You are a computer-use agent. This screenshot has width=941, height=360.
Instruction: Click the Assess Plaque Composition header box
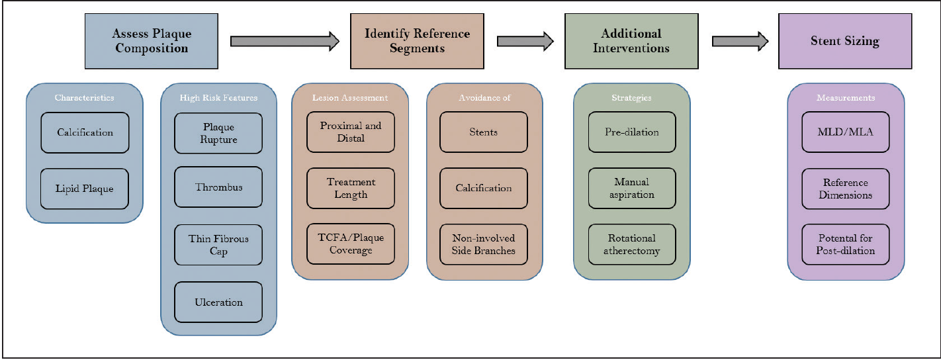coord(152,41)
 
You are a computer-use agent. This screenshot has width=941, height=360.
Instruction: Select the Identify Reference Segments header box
coord(417,41)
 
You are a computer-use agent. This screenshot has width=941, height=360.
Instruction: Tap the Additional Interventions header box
coord(631,41)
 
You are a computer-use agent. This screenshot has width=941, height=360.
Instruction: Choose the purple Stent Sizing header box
coord(845,41)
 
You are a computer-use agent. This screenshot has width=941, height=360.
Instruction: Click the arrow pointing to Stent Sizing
coord(740,41)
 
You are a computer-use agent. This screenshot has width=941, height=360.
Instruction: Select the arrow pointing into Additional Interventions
coord(525,41)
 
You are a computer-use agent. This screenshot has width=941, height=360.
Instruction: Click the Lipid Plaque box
coord(85,189)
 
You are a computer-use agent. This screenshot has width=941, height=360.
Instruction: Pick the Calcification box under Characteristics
coord(85,132)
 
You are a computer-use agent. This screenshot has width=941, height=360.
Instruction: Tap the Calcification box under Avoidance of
coord(484,189)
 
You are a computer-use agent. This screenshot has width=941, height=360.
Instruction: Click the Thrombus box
coord(218,187)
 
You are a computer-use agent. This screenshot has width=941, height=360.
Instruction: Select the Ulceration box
coord(218,302)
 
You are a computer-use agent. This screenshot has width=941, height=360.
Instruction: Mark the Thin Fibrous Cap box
coord(218,246)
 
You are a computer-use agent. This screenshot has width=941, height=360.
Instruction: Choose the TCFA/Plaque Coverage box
coord(351,244)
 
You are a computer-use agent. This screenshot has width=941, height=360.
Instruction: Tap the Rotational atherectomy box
coord(632,245)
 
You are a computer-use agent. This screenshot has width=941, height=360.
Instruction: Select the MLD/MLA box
coord(846,132)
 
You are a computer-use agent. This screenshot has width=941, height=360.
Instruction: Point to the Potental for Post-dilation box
coord(846,245)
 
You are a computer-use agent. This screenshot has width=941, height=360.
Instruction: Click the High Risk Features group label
coord(218,98)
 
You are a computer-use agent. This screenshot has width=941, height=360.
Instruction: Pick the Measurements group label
coord(846,98)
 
